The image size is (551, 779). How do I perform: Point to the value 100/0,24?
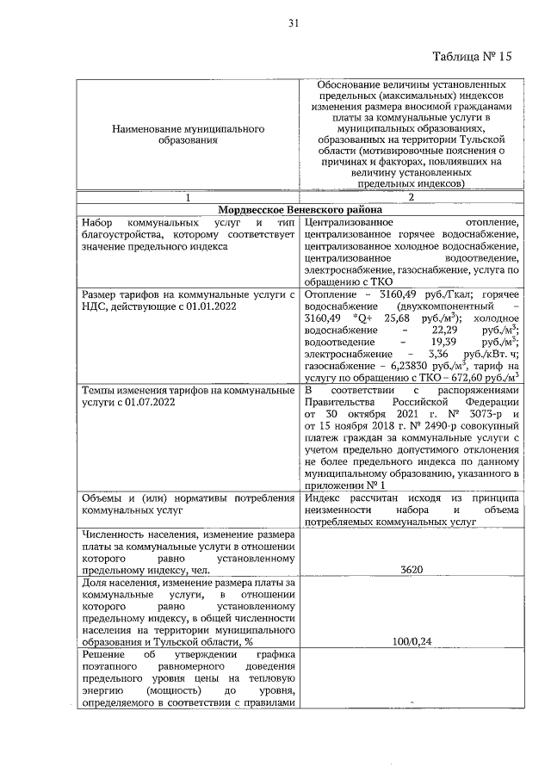tap(412, 641)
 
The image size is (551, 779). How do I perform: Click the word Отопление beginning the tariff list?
tap(331, 295)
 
